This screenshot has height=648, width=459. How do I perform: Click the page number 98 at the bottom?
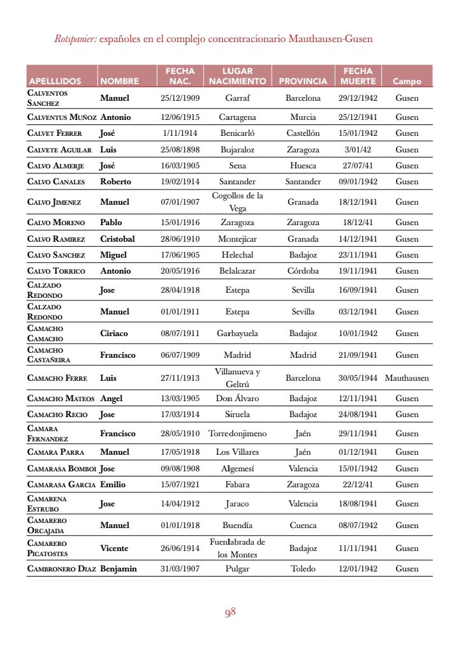coord(230,612)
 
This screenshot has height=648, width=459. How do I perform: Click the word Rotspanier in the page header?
coord(75,39)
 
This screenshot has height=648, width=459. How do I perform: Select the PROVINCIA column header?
coord(303,81)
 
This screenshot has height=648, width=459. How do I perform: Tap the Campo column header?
coord(407,81)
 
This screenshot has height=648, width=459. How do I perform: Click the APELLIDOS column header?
coord(55,81)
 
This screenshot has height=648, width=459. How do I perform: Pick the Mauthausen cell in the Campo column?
coord(407,378)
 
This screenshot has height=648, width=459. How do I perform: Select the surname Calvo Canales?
coord(56,182)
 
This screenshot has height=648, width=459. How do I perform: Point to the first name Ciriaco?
coord(115,333)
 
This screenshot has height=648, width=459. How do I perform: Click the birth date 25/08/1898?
coord(180,150)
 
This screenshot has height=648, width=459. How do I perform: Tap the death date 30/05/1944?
coord(358,378)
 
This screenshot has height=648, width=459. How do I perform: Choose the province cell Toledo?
coord(303,569)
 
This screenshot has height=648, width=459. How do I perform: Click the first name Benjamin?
coord(119,569)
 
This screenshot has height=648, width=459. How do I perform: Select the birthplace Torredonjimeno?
coord(237,434)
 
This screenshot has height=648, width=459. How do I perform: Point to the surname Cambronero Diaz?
coord(62,569)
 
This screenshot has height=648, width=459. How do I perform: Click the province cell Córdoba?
coord(303,271)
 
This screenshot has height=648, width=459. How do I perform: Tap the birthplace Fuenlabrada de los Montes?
coord(237,548)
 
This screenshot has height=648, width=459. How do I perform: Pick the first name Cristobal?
coord(117,239)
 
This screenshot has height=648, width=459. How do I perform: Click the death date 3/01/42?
coord(358,150)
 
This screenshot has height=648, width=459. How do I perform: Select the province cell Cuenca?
coord(303,526)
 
